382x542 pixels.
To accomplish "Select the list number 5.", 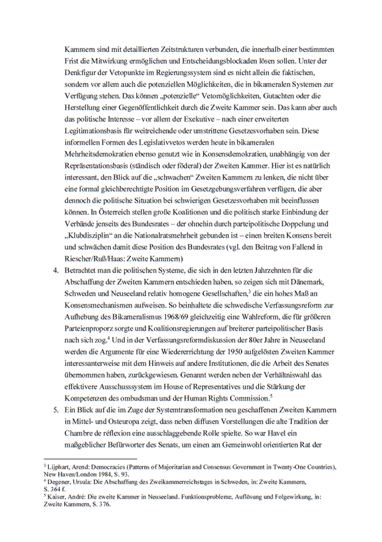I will pyautogui.click(x=56, y=407).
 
